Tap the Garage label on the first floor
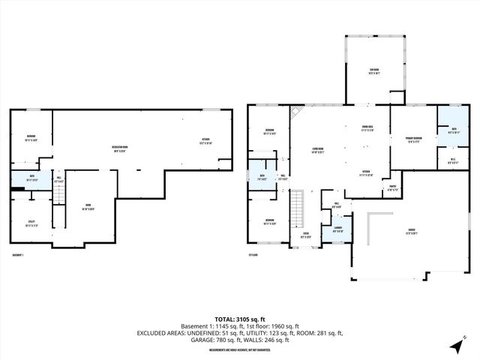coord(411,231)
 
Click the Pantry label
coord(391,189)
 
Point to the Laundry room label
coord(337,231)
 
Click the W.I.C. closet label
coord(453,160)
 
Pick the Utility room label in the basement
coord(31,223)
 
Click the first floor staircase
coord(299,202)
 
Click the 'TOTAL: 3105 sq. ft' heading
coord(239,319)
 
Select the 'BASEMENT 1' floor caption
coord(19,256)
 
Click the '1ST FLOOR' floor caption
coord(253,256)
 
